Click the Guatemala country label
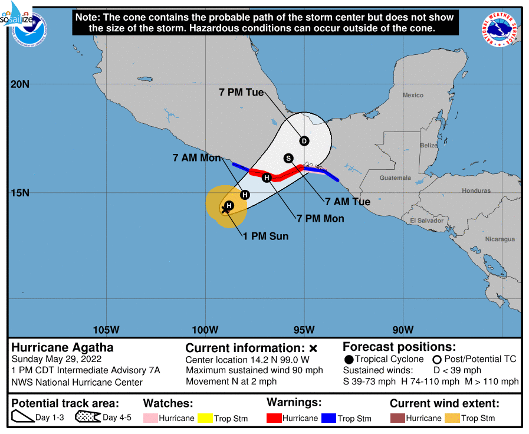click(x=395, y=177)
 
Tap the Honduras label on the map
click(x=476, y=190)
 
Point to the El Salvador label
click(x=426, y=221)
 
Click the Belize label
click(x=429, y=145)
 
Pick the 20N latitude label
click(x=20, y=84)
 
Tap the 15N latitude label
click(x=20, y=193)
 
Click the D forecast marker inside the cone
click(x=304, y=141)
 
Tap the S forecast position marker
click(x=288, y=158)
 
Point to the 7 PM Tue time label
click(x=241, y=93)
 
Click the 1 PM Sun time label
click(x=265, y=236)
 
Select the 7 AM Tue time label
click(x=348, y=202)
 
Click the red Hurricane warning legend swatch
click(x=274, y=418)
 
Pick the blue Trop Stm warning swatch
click(x=328, y=418)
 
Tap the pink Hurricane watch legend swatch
click(x=150, y=418)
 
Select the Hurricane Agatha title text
click(x=63, y=347)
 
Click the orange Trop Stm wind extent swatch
click(x=452, y=418)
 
